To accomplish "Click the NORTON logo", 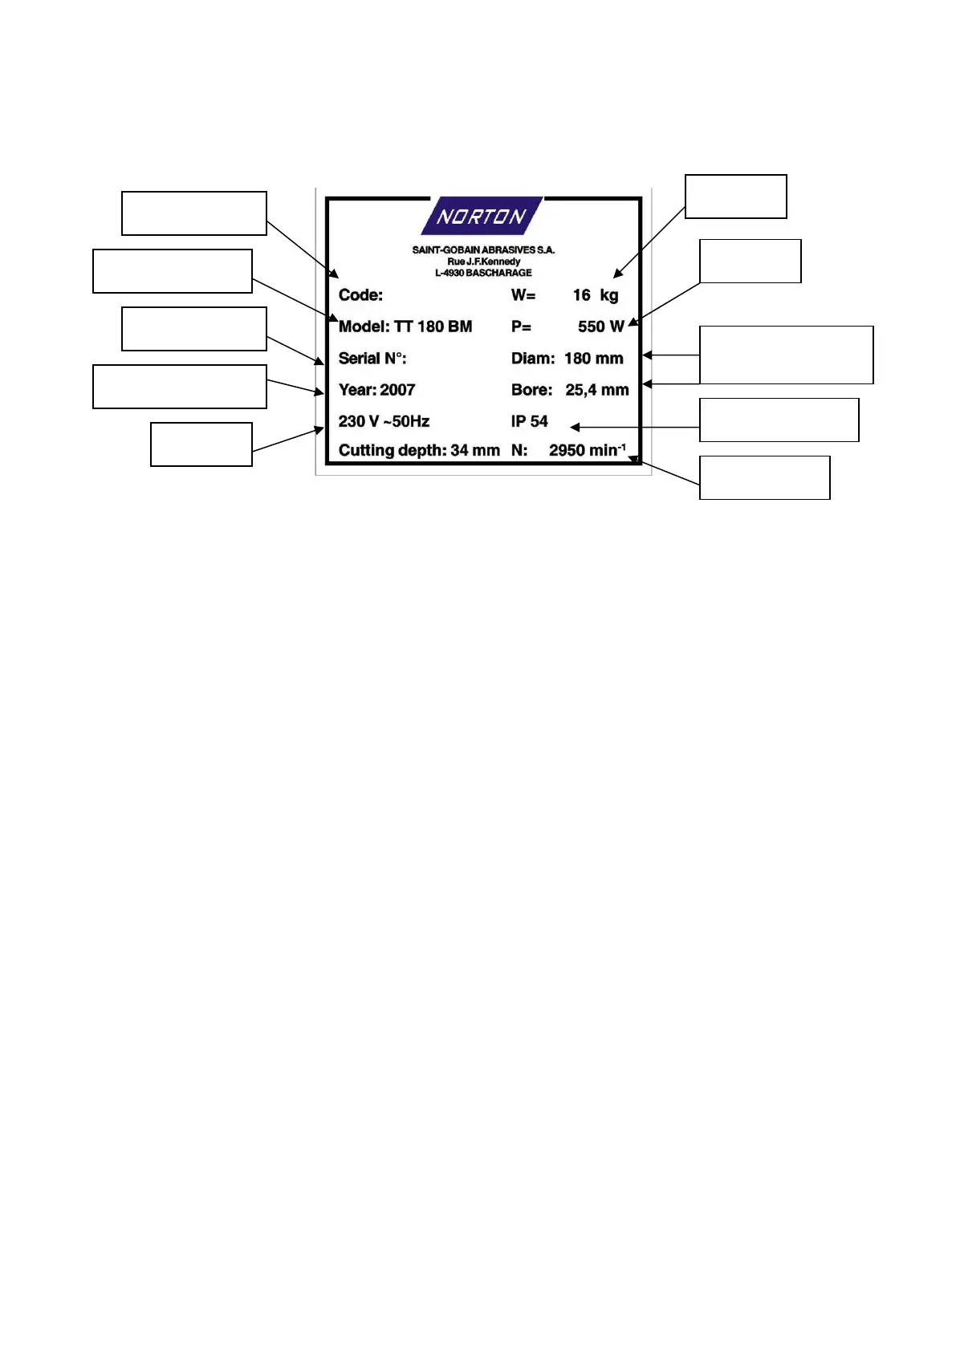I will (482, 216).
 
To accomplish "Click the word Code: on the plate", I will (360, 295).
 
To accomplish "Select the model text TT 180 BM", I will (433, 327).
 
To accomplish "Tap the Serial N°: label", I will (372, 359).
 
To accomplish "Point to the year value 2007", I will (397, 390).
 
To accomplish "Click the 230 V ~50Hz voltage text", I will (384, 421).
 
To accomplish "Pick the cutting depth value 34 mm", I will (475, 450).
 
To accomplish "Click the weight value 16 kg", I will (596, 295).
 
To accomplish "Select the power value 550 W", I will (600, 327).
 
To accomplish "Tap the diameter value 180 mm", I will (594, 359).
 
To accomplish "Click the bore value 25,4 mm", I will (597, 390).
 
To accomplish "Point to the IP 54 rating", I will (530, 421).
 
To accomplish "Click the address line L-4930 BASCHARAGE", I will (483, 273).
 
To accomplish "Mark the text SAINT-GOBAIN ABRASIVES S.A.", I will (483, 250).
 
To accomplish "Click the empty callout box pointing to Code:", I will (193, 213).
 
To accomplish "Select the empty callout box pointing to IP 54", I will (779, 420).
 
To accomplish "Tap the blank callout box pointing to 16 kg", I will (735, 197).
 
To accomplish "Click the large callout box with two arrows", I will (786, 355).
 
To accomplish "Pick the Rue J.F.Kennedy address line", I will (483, 262).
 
